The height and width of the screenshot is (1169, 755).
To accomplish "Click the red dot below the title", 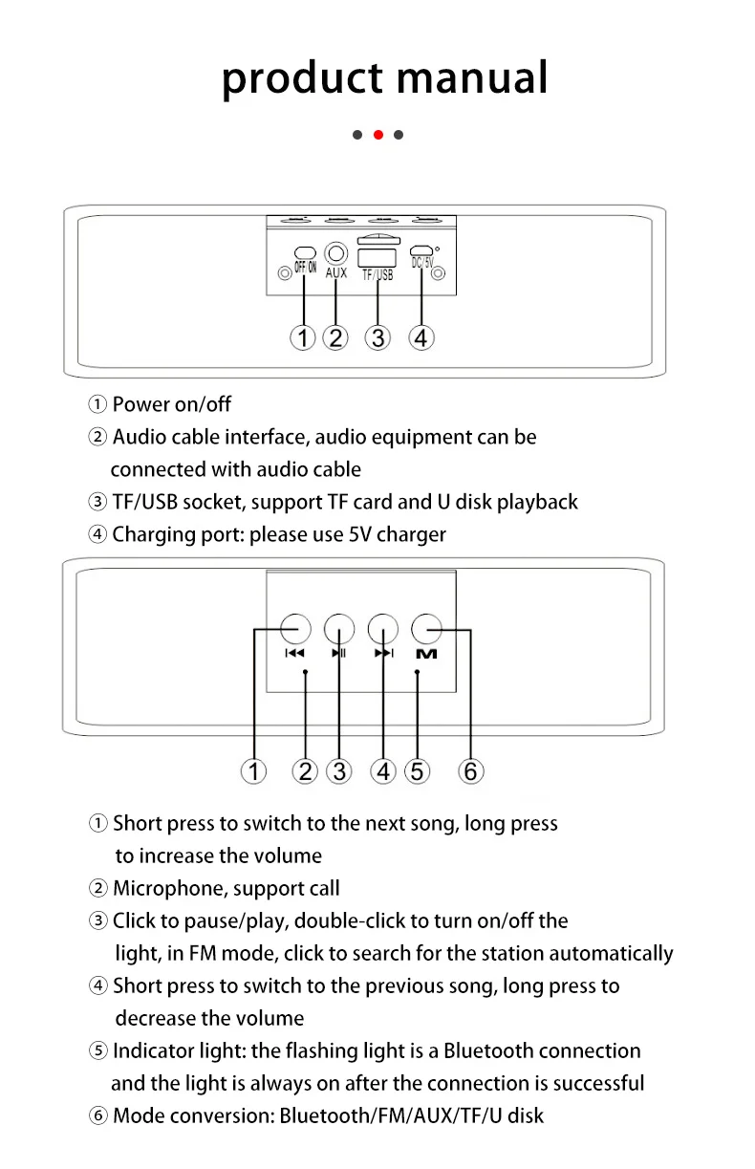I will pos(378,135).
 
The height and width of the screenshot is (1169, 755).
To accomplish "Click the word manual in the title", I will pos(472,77).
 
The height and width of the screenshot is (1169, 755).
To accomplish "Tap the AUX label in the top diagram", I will pos(336,273).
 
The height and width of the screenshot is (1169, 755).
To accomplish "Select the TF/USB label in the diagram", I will pos(377,275).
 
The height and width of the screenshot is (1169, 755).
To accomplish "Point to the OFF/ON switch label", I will pos(305,268).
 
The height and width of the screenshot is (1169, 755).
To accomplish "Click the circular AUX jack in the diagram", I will pos(336,253).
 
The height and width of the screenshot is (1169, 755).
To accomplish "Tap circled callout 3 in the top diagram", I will pos(379,337).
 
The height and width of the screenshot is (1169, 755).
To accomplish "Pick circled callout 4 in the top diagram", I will pos(421,337).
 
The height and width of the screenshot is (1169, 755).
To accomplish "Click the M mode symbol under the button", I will pos(426,654).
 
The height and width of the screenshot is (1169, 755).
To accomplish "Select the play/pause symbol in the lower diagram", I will pos(339,654).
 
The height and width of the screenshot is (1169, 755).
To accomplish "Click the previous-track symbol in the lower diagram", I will pos(294,654).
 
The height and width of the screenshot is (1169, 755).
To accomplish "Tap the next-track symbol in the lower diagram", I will pos(383,654).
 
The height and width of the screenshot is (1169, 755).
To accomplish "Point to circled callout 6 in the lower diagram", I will pos(470,770).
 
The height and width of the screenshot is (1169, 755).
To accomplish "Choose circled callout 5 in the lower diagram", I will pos(418,770).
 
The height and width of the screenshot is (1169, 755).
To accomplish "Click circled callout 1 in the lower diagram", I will pos(253,770).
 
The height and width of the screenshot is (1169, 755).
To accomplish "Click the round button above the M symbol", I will pos(426,629).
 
